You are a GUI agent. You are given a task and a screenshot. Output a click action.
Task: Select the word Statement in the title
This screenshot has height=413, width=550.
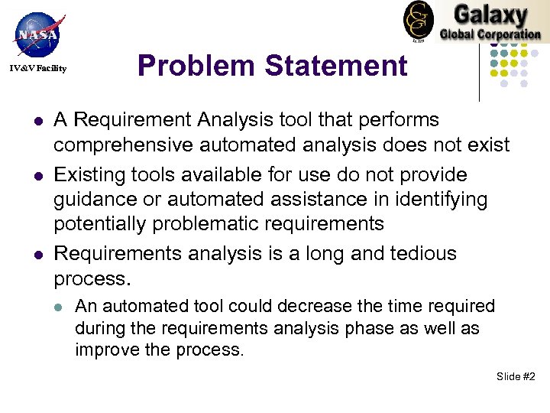tap(336, 66)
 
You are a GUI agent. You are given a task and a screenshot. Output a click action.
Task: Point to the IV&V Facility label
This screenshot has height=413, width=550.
tap(38, 70)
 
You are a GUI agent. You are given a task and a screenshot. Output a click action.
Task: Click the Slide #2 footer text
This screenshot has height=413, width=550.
tap(516, 376)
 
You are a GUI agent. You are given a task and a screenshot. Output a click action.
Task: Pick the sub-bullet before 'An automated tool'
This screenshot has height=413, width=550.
tap(59, 307)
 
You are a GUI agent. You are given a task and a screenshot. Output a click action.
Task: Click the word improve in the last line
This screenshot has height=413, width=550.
tap(103, 350)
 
